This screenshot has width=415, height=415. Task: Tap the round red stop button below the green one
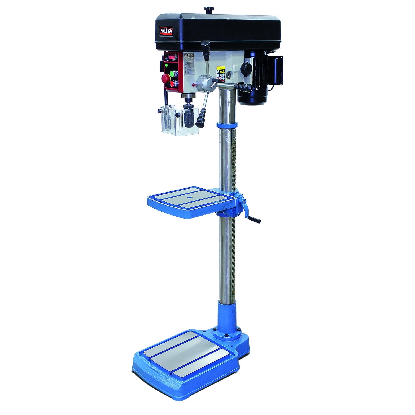pyautogui.click(x=174, y=84)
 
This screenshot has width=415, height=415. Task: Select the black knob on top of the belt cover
pyautogui.click(x=208, y=10)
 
